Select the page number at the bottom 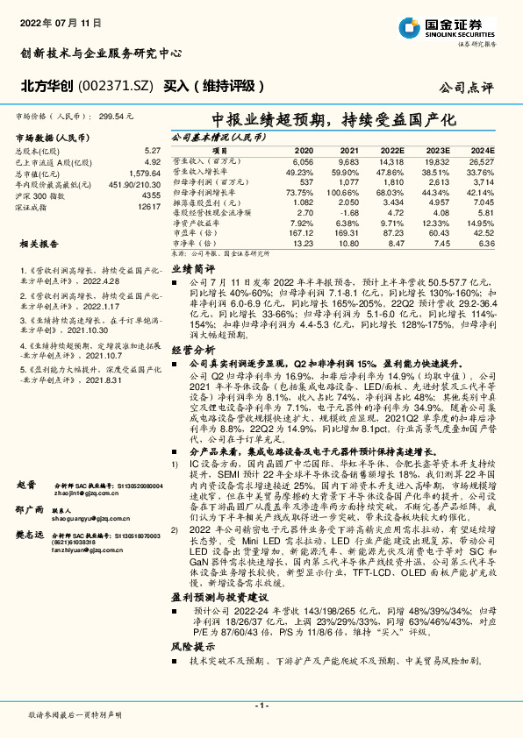tap(261, 706)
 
